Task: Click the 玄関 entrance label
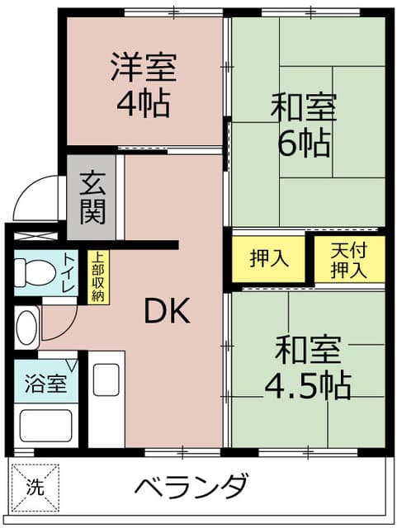pyautogui.click(x=92, y=197)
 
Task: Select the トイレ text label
pyautogui.click(x=69, y=273)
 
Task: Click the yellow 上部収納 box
pyautogui.click(x=98, y=276)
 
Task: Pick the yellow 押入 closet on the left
pyautogui.click(x=269, y=258)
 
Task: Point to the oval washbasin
pyautogui.click(x=27, y=326)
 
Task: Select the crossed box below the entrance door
pyautogui.click(x=32, y=233)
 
